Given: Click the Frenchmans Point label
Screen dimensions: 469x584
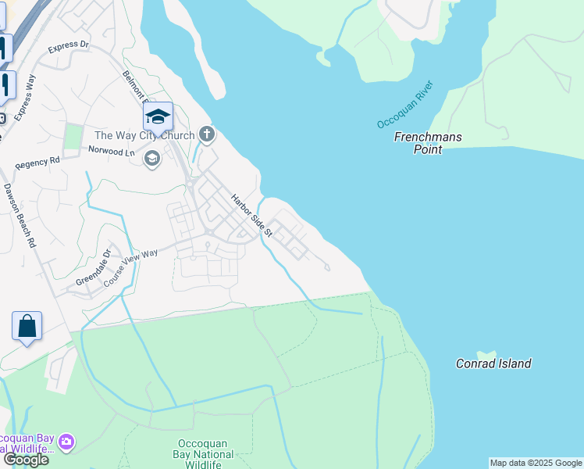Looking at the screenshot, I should [x=427, y=143].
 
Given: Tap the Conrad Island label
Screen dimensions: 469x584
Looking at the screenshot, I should [x=493, y=363].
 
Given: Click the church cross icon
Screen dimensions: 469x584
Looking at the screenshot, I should [x=207, y=135].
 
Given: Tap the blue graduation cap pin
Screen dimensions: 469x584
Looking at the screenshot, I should [x=158, y=117].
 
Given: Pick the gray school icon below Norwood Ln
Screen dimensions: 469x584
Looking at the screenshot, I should [x=152, y=159].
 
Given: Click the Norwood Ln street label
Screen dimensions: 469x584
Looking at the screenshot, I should [x=111, y=149].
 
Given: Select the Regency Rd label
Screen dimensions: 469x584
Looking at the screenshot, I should [x=37, y=163].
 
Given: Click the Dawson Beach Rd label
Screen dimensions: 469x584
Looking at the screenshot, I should [x=20, y=216].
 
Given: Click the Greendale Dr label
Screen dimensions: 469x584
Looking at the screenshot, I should [x=94, y=268].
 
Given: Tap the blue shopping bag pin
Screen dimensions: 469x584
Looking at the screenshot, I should [x=27, y=327].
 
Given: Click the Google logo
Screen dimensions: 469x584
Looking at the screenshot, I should [x=25, y=460].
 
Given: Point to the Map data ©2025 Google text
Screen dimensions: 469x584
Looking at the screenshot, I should [x=536, y=463].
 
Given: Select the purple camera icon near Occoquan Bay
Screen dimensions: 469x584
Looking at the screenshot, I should [x=66, y=442].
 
